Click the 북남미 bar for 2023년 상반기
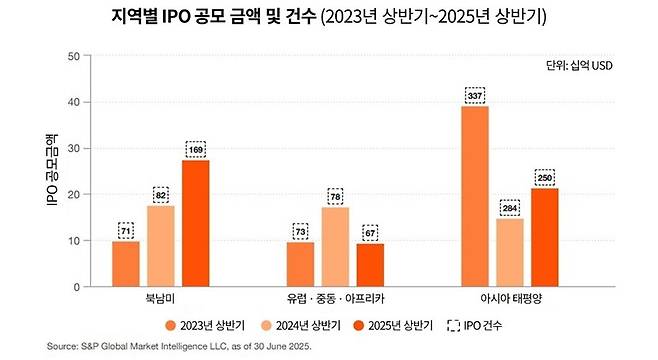(x=126, y=264)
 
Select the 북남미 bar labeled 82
(x=160, y=246)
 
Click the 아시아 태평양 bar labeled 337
(x=475, y=196)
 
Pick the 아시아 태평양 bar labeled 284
(x=509, y=252)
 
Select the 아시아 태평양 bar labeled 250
(x=544, y=237)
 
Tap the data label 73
(x=300, y=230)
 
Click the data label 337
(x=475, y=95)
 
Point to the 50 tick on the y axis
(x=73, y=56)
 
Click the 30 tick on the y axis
(x=73, y=148)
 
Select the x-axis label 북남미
(x=160, y=299)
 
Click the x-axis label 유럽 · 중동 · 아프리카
(x=335, y=299)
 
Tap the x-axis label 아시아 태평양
(x=509, y=299)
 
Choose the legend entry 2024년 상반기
(x=300, y=325)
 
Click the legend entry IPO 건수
(x=476, y=325)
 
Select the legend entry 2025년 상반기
(x=393, y=325)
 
